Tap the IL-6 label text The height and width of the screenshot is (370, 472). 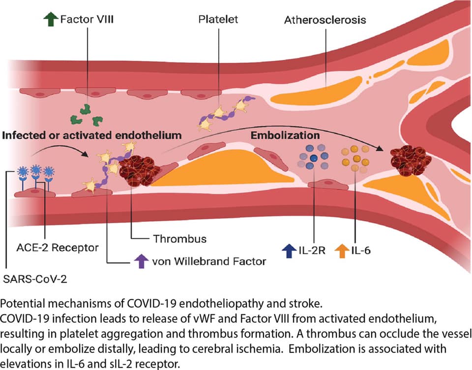361,251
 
